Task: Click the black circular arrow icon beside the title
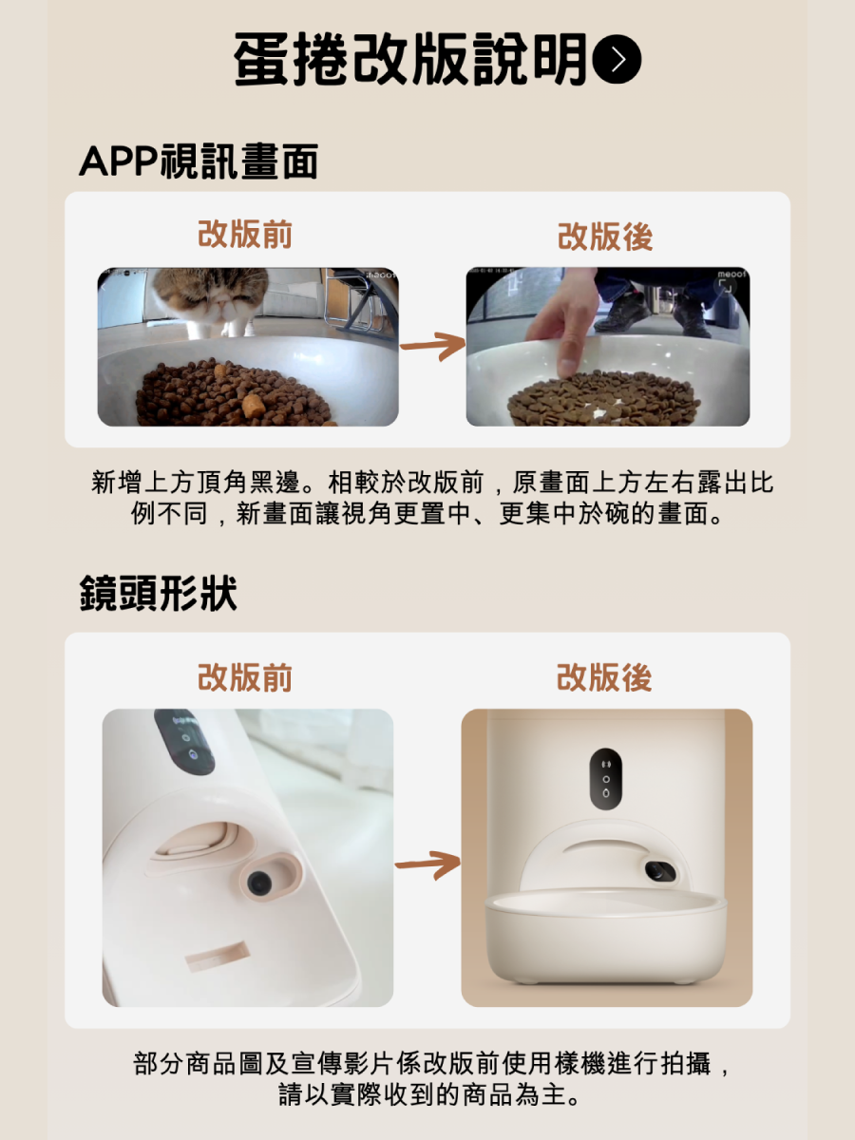click(x=617, y=60)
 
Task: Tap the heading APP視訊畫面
click(x=198, y=161)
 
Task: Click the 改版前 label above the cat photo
click(x=245, y=234)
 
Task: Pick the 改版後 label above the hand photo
click(x=605, y=237)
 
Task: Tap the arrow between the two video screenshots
click(x=432, y=347)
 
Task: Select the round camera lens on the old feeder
click(x=258, y=883)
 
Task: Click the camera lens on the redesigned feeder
click(x=658, y=870)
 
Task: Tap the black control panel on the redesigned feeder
click(x=605, y=779)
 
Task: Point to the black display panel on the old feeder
click(x=184, y=741)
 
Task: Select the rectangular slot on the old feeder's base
click(x=217, y=956)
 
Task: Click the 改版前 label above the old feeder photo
click(x=245, y=678)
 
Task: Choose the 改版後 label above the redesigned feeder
click(x=604, y=678)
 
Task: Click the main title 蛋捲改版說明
click(x=410, y=60)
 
